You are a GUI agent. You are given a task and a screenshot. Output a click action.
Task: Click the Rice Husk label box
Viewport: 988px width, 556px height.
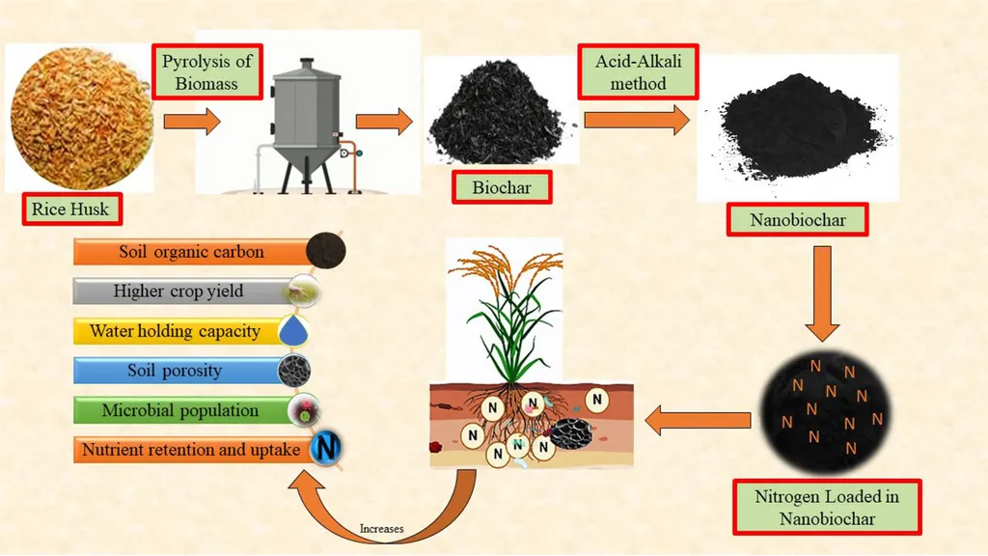[x=71, y=209]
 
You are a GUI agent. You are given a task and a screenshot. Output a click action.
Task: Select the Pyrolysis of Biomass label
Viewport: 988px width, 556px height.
[x=206, y=71]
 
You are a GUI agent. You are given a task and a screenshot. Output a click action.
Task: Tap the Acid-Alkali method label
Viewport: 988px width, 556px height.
[x=639, y=71]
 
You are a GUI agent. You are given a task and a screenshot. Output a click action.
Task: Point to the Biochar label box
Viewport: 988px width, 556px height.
[x=502, y=187]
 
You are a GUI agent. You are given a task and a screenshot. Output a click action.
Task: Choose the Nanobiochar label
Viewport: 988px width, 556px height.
[x=797, y=220]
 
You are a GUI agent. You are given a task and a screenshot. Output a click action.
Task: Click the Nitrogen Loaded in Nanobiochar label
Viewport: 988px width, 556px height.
[x=827, y=508]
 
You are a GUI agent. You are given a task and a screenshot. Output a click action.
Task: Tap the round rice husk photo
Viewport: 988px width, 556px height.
[x=81, y=118]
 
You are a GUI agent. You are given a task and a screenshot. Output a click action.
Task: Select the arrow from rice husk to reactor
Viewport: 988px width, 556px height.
[x=192, y=121]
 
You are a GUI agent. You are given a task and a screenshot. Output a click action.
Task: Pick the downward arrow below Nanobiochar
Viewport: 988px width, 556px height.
[x=822, y=293]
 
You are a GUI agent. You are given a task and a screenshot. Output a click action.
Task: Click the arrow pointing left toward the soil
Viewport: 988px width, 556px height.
[x=699, y=421]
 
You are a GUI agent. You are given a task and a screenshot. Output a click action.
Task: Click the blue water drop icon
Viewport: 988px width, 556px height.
[x=293, y=330]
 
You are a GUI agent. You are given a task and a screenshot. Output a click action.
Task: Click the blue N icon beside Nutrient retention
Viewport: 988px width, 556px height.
[x=326, y=448]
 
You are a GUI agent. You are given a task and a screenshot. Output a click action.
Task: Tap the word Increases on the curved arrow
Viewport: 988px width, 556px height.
[x=381, y=528]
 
